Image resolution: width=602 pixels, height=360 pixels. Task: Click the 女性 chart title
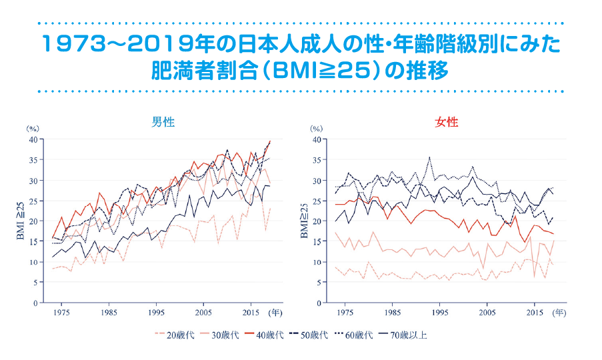click(x=447, y=122)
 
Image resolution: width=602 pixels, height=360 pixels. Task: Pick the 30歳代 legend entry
click(x=226, y=335)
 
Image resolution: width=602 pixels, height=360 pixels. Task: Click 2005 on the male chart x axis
click(x=203, y=312)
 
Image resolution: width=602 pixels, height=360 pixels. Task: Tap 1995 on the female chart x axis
click(x=440, y=312)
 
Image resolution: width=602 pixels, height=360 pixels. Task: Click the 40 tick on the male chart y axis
click(x=32, y=139)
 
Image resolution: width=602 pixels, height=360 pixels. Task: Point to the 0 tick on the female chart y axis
click(x=318, y=303)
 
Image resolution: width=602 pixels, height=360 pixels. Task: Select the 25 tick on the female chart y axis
click(x=316, y=201)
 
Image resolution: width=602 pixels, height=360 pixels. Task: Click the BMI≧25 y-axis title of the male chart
click(x=20, y=221)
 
